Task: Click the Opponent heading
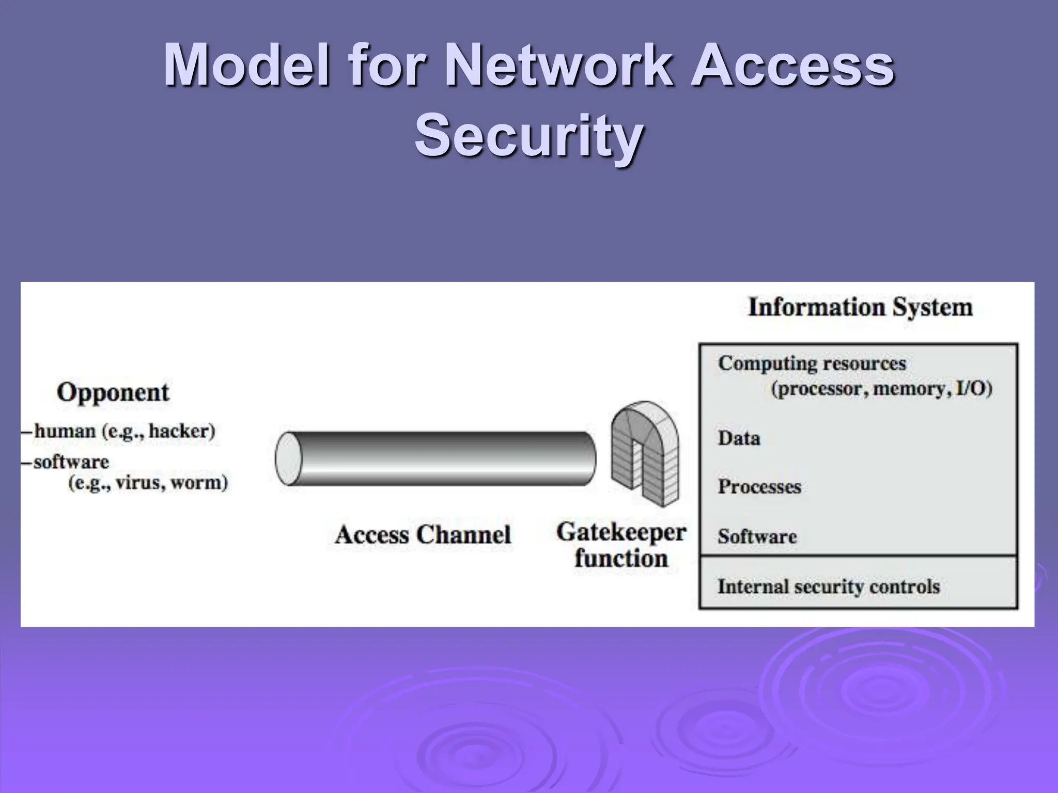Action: coord(113,392)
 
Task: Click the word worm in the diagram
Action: coord(198,483)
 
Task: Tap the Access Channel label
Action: coord(423,534)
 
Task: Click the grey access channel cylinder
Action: coord(444,458)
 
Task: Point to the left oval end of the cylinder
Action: coord(288,458)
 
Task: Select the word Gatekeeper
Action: coord(621,532)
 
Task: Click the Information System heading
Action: coord(860,307)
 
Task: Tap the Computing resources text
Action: coord(812,363)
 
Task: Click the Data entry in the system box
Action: coord(739,438)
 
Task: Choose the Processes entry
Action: coord(759,487)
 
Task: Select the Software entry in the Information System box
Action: coord(757,536)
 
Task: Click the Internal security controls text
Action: coord(828,586)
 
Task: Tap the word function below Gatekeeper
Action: coord(621,559)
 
